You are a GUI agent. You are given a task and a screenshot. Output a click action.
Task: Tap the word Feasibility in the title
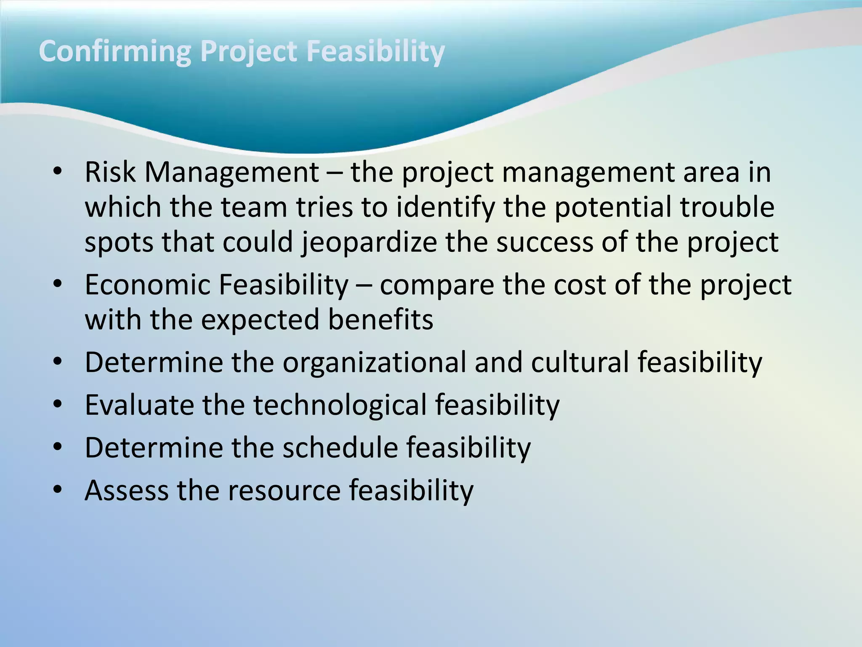[x=375, y=51]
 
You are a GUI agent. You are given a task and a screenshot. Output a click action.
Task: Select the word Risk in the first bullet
[x=110, y=173]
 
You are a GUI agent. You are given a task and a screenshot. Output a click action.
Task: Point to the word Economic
[x=147, y=285]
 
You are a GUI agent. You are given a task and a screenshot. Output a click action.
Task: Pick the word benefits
[x=380, y=320]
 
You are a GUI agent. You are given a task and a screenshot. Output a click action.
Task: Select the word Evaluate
[x=139, y=405]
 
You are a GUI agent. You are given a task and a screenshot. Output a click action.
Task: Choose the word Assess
[x=126, y=491]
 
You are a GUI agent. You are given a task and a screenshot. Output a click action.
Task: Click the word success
[x=545, y=243]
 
